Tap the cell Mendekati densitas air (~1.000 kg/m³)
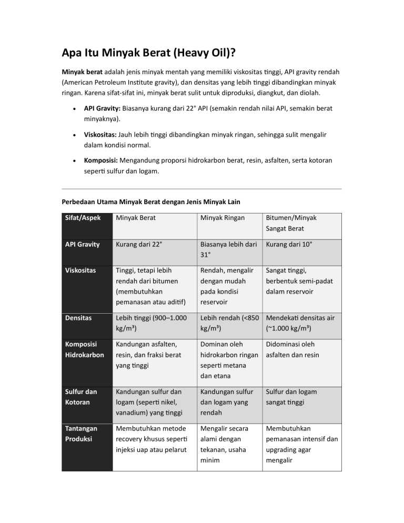(301, 323)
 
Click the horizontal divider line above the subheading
(201, 189)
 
